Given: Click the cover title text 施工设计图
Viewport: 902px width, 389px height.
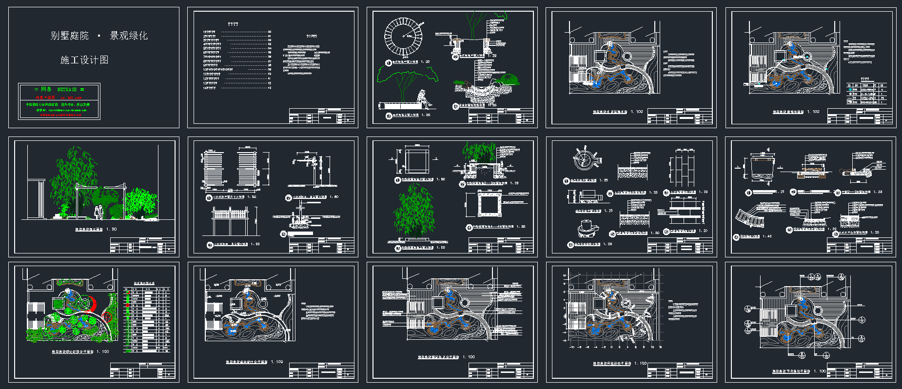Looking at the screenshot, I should pyautogui.click(x=84, y=60).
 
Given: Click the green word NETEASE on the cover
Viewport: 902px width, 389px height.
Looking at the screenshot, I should pyautogui.click(x=67, y=90).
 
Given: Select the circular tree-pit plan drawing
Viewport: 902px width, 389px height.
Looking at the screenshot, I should pyautogui.click(x=403, y=37).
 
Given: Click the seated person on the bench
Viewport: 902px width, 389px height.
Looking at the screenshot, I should pyautogui.click(x=423, y=99).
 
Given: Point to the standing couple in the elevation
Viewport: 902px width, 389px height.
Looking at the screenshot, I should pyautogui.click(x=99, y=212).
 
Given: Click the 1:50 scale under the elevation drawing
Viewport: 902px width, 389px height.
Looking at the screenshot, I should pyautogui.click(x=114, y=229).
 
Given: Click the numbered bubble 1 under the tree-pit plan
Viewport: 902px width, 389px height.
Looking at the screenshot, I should pyautogui.click(x=389, y=62).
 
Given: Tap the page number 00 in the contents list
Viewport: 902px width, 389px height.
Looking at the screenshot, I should pyautogui.click(x=270, y=32).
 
